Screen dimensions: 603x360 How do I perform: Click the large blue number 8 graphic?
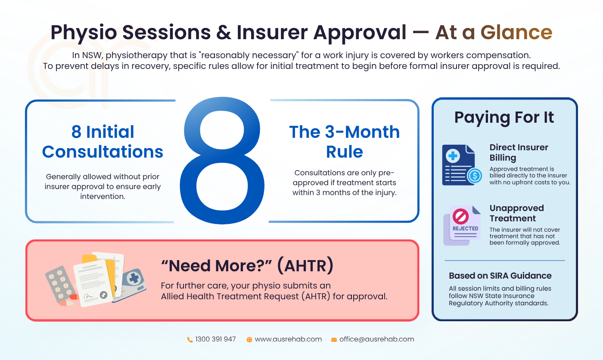coord(222,161)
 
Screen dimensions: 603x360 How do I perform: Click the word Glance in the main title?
coord(516,33)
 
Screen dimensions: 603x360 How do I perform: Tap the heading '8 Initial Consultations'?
coord(103,142)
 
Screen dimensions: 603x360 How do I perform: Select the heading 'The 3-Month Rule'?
coord(344,142)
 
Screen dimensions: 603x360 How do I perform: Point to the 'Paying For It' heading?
coord(504,118)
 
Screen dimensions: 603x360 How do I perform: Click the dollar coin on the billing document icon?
coord(474,176)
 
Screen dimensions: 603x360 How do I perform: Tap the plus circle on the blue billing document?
coord(453,155)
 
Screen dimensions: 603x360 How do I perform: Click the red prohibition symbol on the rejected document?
coord(460,216)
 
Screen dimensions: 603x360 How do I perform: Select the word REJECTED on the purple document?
coord(465,229)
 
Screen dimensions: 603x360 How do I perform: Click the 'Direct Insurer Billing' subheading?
coord(519,152)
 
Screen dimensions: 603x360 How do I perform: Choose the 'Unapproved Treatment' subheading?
coord(516,213)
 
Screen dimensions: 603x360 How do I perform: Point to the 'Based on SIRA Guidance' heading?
coord(500,276)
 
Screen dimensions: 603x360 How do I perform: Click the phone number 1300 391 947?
coord(215,339)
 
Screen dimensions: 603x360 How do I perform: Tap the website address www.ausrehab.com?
coord(288,339)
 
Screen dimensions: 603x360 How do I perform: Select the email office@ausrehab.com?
coord(376,339)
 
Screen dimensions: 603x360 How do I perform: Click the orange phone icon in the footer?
coord(190,340)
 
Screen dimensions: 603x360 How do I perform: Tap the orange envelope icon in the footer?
coord(334,340)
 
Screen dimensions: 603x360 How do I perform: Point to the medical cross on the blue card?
coord(134,278)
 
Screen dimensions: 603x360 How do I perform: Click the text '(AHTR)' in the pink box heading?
coord(305,266)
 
